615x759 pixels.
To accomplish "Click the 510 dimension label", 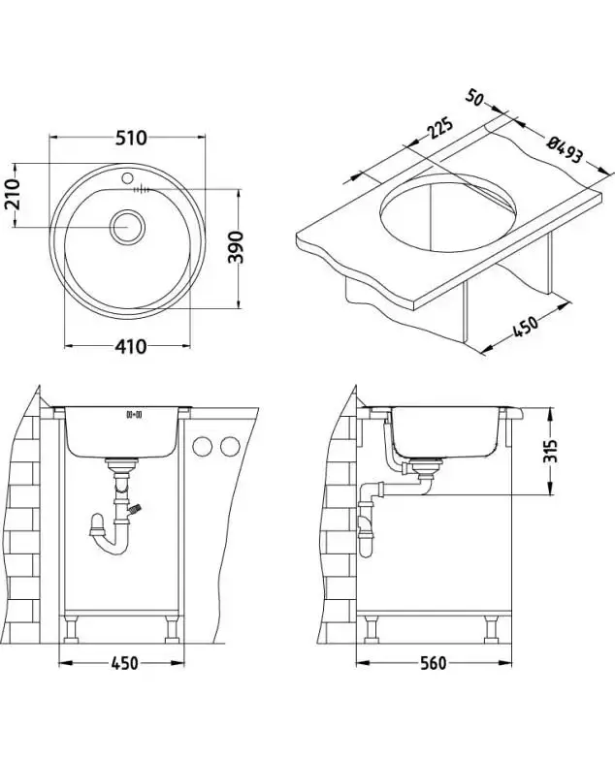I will pyautogui.click(x=130, y=138).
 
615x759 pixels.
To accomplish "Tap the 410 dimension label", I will pyautogui.click(x=128, y=346).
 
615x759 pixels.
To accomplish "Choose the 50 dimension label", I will pyautogui.click(x=475, y=99).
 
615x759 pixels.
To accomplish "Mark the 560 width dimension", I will pyautogui.click(x=434, y=663).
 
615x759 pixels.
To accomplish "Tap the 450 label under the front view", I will pyautogui.click(x=122, y=663).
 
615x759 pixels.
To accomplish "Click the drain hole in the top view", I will pyautogui.click(x=126, y=227).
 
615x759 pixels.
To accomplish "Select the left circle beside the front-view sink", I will pyautogui.click(x=204, y=447).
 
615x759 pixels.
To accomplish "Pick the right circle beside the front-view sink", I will pyautogui.click(x=230, y=447).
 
